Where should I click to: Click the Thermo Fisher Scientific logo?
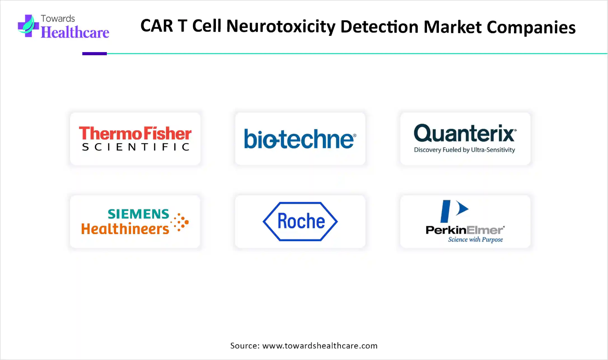135,138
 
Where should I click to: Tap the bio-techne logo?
300,139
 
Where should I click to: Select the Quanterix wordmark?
465,133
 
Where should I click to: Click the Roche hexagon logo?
300,222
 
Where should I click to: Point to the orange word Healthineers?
125,229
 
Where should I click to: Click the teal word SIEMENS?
139,214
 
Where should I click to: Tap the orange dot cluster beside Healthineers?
180,222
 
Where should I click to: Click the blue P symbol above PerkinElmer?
454,211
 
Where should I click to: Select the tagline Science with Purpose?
475,239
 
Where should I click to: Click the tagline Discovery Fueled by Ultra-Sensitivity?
464,150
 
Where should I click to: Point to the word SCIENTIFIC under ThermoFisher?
136,147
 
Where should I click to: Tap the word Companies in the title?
531,27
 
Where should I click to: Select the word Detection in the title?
379,27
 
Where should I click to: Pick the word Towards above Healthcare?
58,19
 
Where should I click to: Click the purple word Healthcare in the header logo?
75,32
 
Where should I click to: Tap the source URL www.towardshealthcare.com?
320,345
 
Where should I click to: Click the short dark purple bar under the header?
94,54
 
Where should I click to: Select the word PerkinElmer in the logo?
465,230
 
